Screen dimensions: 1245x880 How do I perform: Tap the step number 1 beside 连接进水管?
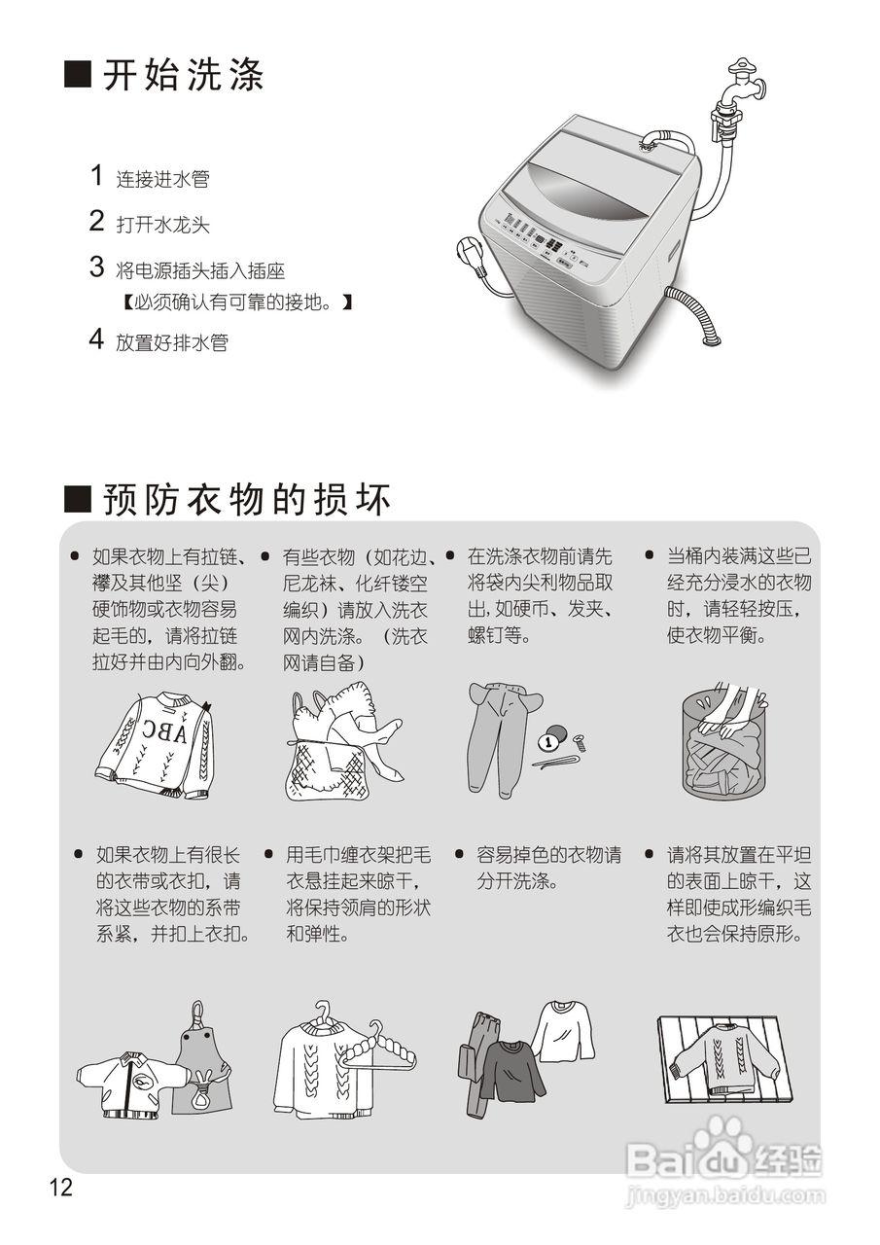(96, 176)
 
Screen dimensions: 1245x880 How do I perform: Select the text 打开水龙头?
(162, 226)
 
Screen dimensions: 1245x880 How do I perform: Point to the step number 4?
(96, 340)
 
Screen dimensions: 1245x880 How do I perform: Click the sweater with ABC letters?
(156, 744)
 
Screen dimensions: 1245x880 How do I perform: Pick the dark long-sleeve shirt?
(511, 1070)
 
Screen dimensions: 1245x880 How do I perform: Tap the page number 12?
(61, 1188)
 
